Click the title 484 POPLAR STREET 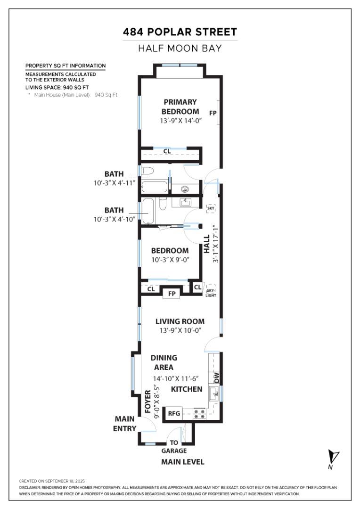(180, 32)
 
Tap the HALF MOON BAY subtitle (180, 49)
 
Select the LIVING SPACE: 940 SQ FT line (57, 87)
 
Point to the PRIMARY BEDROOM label (180, 107)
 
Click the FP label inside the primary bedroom (213, 113)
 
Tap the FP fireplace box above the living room (172, 294)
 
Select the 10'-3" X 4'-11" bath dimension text (115, 183)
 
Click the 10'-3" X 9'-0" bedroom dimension (170, 260)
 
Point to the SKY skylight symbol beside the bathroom (211, 208)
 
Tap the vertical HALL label (207, 245)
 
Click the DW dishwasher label (216, 377)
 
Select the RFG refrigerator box (174, 413)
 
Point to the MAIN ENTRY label (125, 424)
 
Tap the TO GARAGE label (174, 447)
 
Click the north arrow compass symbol (335, 458)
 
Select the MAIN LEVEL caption (183, 462)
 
